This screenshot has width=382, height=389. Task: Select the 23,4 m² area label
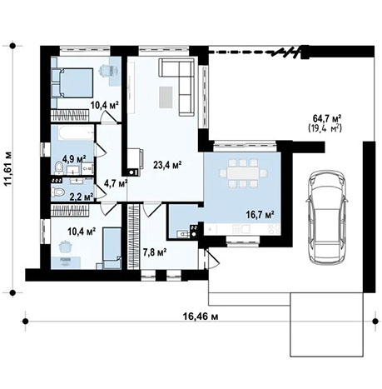click(166, 164)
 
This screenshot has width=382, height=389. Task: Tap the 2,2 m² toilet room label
click(81, 197)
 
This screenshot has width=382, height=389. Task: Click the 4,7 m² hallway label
click(114, 182)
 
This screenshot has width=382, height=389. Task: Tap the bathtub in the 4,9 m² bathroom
click(72, 135)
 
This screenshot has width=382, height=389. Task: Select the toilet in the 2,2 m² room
click(58, 193)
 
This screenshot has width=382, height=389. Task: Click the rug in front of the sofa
click(167, 94)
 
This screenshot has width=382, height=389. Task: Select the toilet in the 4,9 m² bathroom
click(58, 168)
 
